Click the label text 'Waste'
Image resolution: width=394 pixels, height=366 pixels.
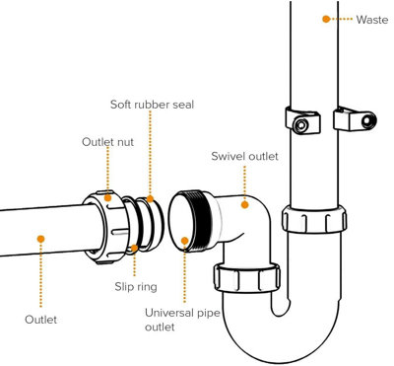[x=370, y=19]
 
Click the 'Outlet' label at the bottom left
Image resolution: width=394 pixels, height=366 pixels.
[x=40, y=319]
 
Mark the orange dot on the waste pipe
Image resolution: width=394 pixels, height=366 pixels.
[x=325, y=19]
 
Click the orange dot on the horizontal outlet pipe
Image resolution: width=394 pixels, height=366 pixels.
[x=40, y=237]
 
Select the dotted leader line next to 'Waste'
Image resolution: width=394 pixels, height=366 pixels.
[x=341, y=19]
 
